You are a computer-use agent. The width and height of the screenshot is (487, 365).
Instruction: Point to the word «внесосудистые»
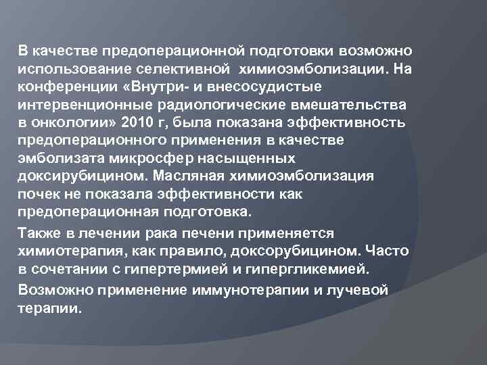click(263, 88)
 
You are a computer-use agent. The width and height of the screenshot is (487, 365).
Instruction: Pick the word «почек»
click(37, 194)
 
